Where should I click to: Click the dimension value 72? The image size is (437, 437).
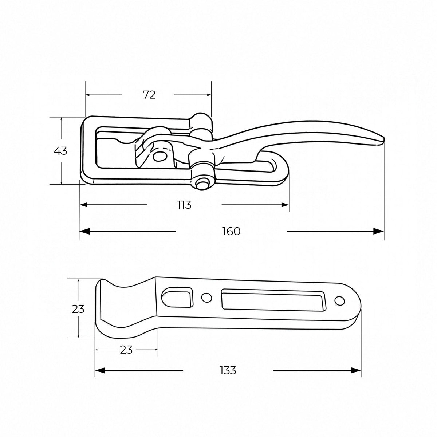[149, 95]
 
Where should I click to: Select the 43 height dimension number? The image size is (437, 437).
[60, 151]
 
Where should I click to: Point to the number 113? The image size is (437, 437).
[184, 205]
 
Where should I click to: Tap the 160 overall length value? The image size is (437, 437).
[231, 231]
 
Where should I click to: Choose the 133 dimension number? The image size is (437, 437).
[228, 371]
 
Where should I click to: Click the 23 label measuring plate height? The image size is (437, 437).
[78, 309]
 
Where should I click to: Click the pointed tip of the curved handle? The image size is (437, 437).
[384, 139]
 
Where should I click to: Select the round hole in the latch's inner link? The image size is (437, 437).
[159, 156]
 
